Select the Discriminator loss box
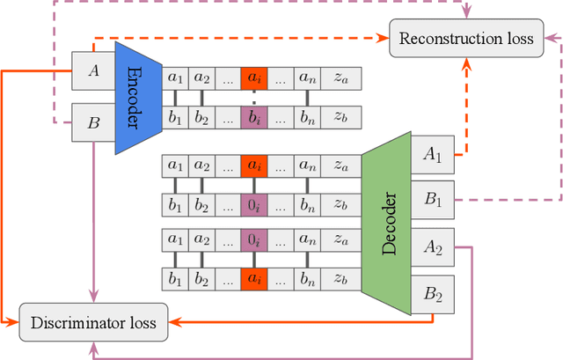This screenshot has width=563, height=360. point(93,322)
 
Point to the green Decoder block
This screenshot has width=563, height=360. point(386,224)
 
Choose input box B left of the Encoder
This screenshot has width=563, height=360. point(94,121)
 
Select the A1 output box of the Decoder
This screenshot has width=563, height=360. point(433,155)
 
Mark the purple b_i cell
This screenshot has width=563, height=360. point(253,121)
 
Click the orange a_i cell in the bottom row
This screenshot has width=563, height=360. point(253,278)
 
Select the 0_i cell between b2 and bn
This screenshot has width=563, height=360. point(253,205)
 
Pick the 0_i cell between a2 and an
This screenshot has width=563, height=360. point(253,239)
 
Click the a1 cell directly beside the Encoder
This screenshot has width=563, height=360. point(176,77)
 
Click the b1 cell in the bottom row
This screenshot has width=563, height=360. point(176,278)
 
